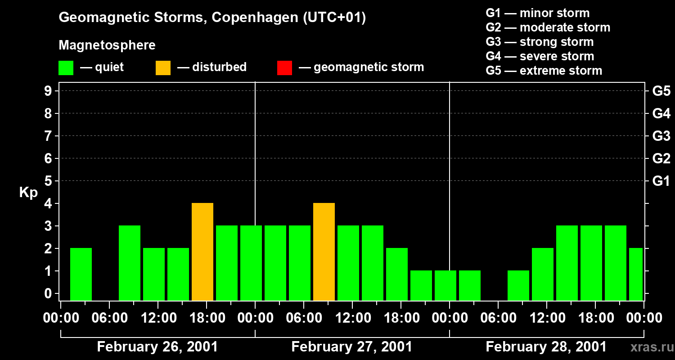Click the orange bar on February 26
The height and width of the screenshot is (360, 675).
point(202,252)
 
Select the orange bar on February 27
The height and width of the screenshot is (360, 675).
point(324,252)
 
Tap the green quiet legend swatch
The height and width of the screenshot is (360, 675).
point(66,68)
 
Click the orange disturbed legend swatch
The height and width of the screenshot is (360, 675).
point(163,68)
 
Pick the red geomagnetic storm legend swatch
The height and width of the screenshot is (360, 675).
point(284,68)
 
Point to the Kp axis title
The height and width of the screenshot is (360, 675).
point(28,193)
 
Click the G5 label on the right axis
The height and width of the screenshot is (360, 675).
point(661,91)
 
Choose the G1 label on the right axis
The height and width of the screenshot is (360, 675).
point(661,181)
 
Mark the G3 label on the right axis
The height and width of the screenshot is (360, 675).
point(661,136)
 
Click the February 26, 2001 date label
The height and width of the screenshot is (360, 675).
point(157,347)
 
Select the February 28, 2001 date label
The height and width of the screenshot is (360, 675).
point(546,347)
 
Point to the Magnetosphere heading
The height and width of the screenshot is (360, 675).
point(107,45)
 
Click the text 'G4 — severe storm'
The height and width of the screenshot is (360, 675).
point(540,56)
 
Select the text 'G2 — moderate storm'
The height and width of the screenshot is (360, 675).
point(548,27)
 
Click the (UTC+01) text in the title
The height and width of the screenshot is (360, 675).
point(334,18)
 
